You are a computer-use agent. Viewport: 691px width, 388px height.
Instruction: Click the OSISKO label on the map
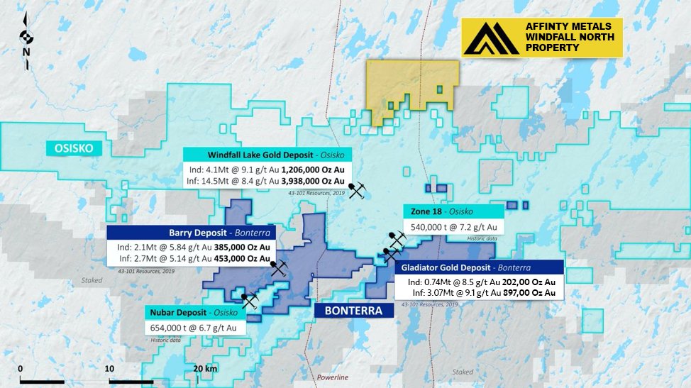click(74, 148)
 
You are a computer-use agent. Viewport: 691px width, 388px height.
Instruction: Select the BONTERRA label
click(348, 311)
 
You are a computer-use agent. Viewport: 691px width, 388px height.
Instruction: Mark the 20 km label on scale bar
click(206, 369)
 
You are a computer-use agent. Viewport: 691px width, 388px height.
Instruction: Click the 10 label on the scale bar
click(109, 369)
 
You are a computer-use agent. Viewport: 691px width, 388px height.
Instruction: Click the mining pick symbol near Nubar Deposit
click(249, 301)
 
